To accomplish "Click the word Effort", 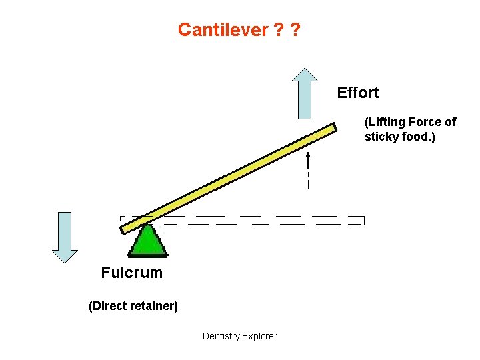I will click(x=357, y=93).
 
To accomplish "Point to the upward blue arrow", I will click(x=305, y=93).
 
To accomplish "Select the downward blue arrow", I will click(x=65, y=237).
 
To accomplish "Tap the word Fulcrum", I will click(x=131, y=273).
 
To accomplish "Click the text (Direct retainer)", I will click(x=133, y=307).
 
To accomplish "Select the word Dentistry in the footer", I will click(x=221, y=336).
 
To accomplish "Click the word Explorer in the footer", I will click(x=260, y=336).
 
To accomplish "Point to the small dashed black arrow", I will click(x=308, y=170).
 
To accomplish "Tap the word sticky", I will click(x=379, y=137).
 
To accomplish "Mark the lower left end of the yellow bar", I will click(x=123, y=229).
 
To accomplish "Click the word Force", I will click(x=429, y=122).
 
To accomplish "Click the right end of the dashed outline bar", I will click(x=363, y=220).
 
